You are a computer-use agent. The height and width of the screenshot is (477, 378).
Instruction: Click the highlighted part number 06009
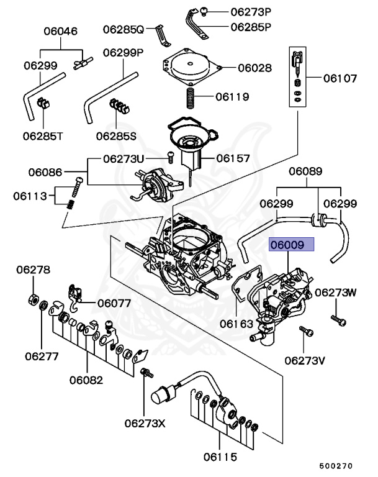291,245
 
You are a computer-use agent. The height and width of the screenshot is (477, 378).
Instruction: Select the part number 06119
232,97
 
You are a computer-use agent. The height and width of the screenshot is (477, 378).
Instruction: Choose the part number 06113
30,196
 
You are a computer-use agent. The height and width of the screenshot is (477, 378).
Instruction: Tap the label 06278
34,270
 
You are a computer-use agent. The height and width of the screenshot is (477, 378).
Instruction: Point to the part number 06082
86,380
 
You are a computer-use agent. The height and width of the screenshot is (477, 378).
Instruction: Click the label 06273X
145,424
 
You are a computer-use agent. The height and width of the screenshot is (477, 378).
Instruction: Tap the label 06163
236,324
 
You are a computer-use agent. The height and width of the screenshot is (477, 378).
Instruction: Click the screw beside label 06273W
338,320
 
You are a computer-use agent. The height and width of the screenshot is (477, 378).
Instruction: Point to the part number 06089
305,171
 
